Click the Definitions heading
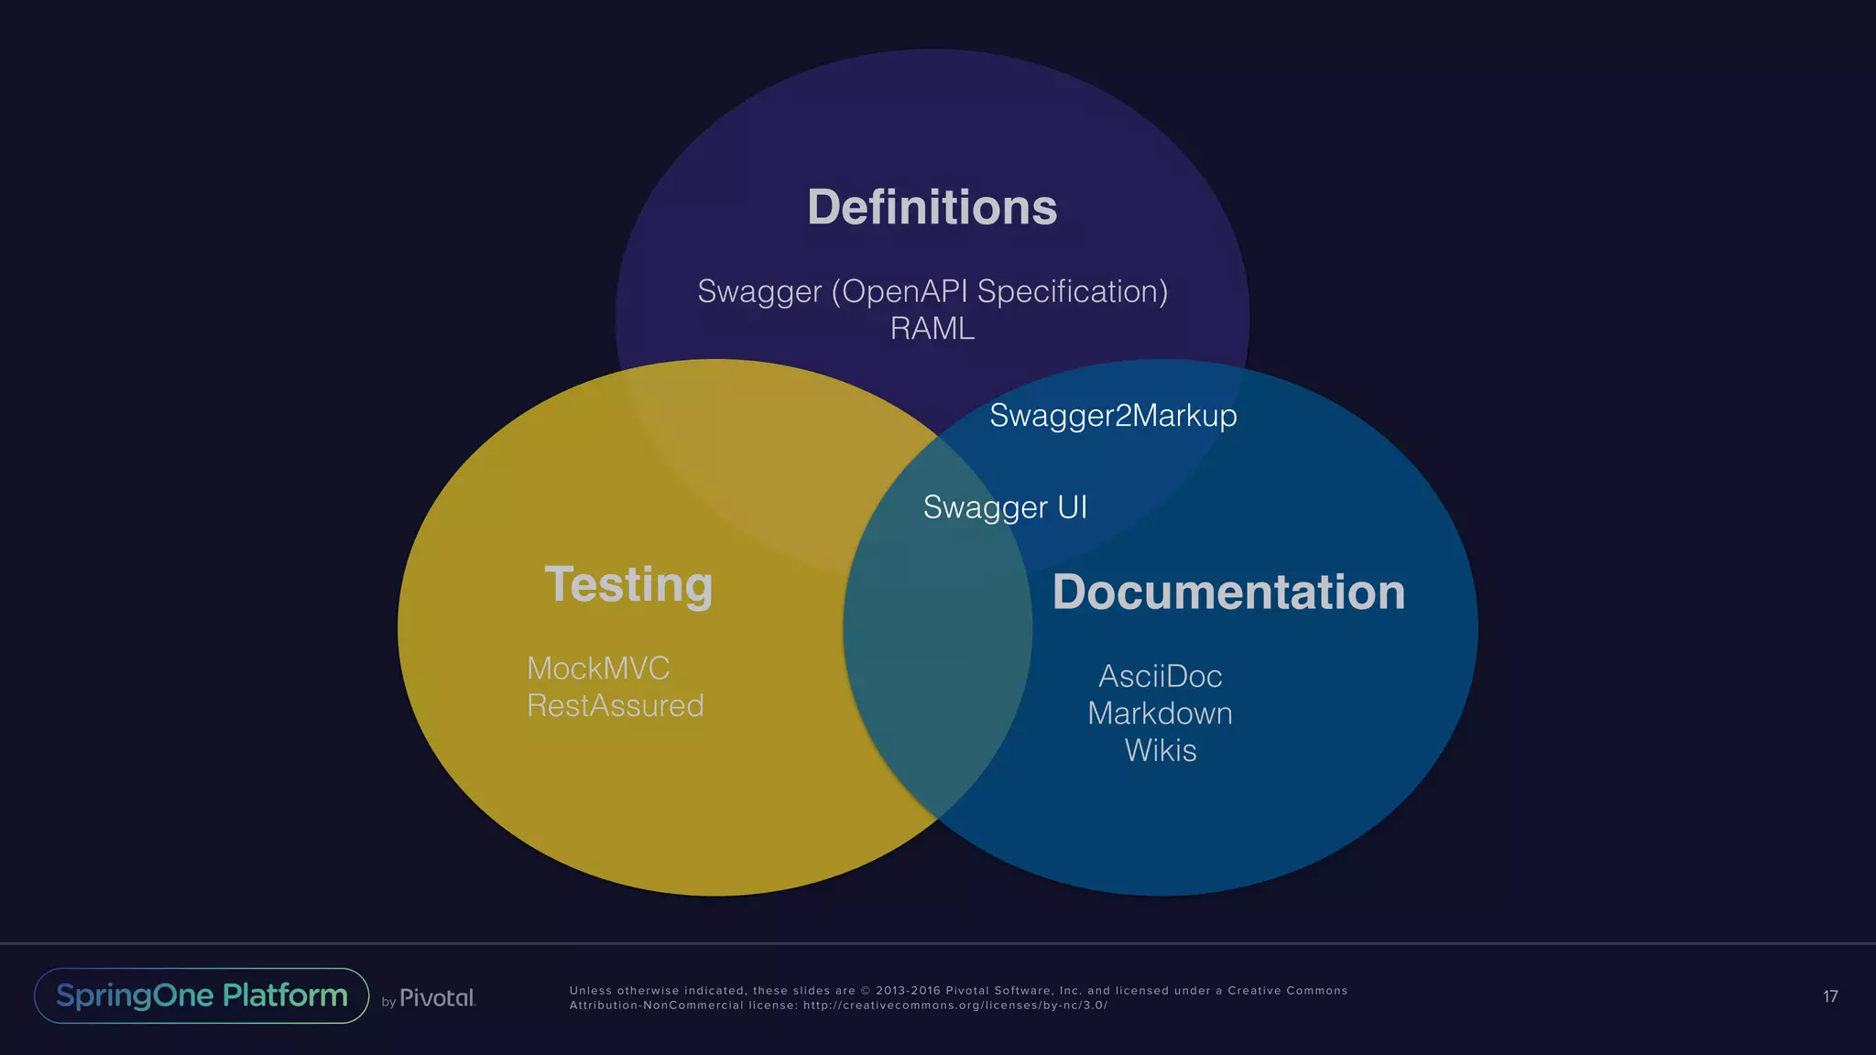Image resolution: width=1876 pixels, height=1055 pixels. tap(932, 207)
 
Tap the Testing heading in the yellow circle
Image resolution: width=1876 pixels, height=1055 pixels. tap(628, 584)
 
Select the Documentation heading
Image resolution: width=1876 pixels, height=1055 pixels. tap(1228, 592)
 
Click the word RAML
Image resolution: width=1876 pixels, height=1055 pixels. tap(932, 328)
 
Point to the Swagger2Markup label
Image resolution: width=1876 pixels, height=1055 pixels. tap(1113, 416)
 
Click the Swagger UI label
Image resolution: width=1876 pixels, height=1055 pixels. tap(1005, 507)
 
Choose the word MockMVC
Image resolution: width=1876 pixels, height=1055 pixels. tap(598, 669)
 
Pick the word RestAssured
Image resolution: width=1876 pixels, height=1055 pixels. tap(616, 706)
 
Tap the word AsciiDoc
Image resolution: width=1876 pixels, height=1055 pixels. tap(1160, 677)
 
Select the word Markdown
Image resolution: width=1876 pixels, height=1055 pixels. tap(1160, 713)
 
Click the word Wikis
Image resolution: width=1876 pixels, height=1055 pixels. tap(1160, 751)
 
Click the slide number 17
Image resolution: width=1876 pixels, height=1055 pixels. tap(1830, 996)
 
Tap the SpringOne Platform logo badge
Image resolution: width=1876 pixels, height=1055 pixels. tap(202, 995)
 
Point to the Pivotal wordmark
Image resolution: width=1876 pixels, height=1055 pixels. tap(437, 998)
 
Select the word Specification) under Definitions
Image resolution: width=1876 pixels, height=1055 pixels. tap(1073, 291)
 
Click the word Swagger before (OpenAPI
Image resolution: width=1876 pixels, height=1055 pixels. tap(759, 291)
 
